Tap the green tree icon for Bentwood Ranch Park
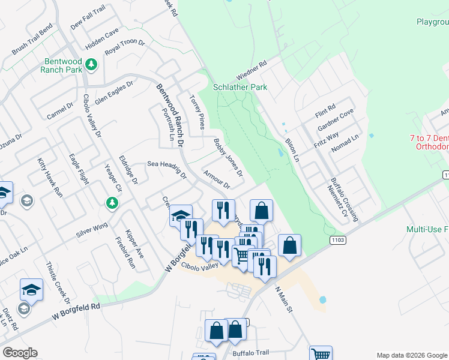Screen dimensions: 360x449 (91, 64)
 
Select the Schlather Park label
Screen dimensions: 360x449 (241, 87)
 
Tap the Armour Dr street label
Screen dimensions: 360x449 (217, 180)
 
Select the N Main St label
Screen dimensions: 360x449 (283, 299)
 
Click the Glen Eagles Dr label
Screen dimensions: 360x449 (114, 93)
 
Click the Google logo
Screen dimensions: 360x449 (20, 353)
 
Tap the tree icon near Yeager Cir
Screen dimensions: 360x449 (112, 203)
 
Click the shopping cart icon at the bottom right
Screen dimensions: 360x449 (321, 354)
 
